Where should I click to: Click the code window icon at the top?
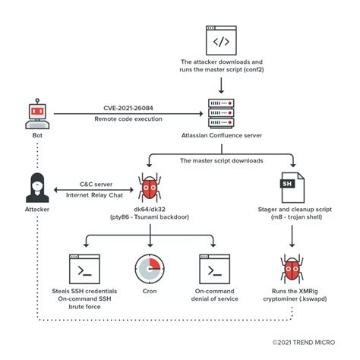220,39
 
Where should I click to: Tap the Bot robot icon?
37,113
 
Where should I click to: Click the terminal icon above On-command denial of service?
213,269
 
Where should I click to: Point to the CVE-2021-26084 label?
127,108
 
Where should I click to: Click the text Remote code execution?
127,119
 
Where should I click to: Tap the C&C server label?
93,183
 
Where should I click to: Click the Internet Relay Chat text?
93,194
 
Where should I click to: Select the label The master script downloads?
220,160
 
